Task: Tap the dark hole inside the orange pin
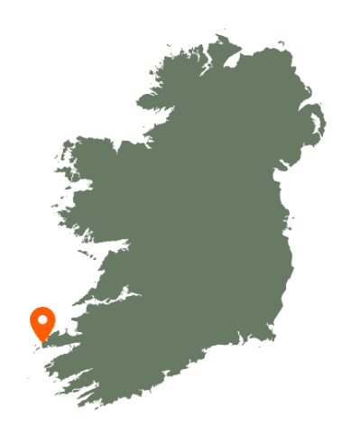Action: click(42, 319)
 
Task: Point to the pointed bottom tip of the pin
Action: click(42, 342)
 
